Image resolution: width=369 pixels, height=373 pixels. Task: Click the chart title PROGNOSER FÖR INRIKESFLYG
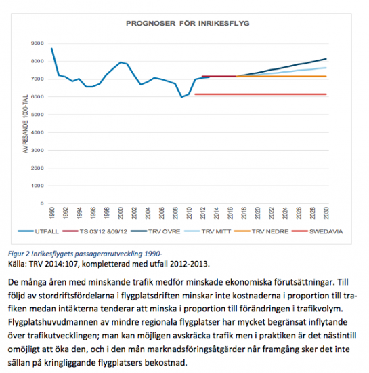pos(188,23)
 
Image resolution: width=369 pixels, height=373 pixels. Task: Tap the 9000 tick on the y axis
pos(37,43)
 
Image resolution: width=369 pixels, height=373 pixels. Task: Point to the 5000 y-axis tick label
pos(37,115)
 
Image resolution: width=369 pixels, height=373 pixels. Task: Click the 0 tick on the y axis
pos(42,203)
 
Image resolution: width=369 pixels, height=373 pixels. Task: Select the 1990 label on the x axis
pos(51,213)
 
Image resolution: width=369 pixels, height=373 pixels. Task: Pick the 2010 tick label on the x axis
pos(189,213)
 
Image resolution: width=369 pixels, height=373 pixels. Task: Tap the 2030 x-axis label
pos(326,213)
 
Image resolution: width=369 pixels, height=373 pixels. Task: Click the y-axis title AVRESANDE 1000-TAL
pos(25,123)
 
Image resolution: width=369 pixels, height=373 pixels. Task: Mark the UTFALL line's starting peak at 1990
pos(51,49)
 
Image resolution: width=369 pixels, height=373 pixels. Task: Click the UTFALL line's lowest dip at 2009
pos(182,97)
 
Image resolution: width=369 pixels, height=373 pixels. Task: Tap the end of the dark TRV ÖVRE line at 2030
pos(326,59)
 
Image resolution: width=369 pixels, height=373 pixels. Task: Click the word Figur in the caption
pos(16,254)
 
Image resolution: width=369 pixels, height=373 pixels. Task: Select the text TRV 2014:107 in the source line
pos(53,264)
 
